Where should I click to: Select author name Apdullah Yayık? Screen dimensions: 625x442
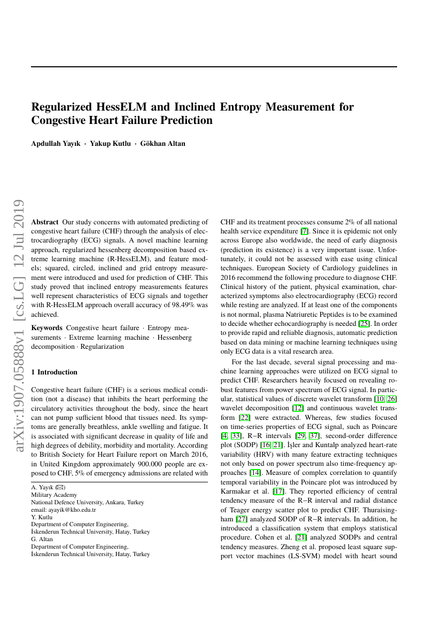pos(56,143)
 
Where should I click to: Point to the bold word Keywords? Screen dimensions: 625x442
pos(47,327)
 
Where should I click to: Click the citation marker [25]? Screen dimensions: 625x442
pos(364,323)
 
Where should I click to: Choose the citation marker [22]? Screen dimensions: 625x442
pos(245,417)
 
